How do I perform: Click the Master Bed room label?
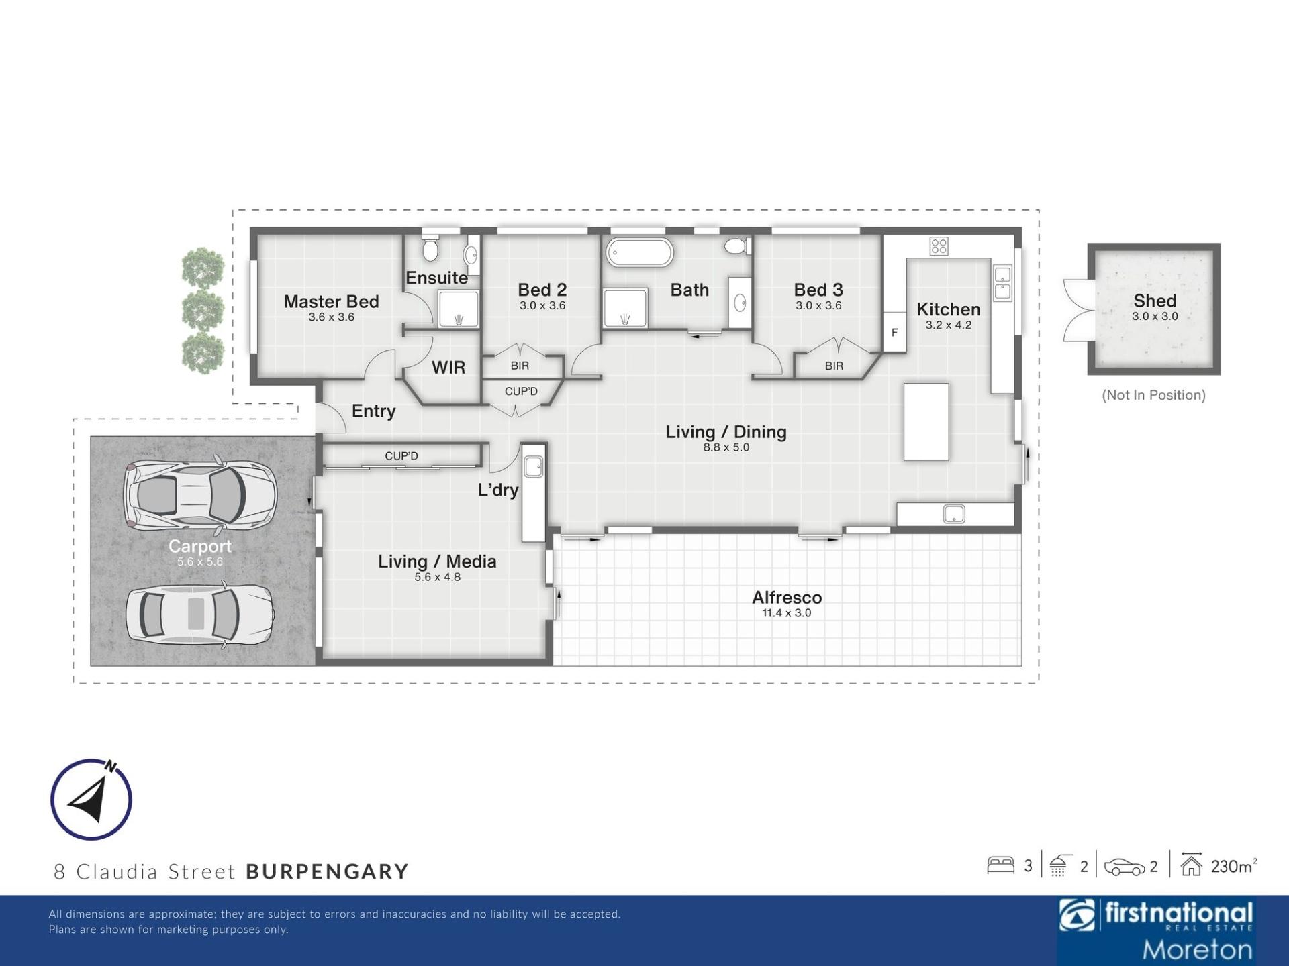(x=331, y=302)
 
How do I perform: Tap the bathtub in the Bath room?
(x=639, y=253)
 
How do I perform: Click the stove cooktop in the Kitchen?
(x=939, y=246)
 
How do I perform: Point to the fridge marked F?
(x=894, y=332)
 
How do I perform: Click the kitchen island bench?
(x=926, y=421)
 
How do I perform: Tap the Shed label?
(x=1155, y=301)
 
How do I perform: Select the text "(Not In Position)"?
(x=1153, y=395)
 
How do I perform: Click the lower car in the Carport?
(x=200, y=614)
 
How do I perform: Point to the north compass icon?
(x=91, y=799)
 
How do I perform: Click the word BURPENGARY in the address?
(x=327, y=871)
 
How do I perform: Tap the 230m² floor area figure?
(x=1233, y=866)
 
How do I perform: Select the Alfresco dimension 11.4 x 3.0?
(x=786, y=613)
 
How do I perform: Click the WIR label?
(x=448, y=368)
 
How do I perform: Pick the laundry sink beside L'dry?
(x=534, y=466)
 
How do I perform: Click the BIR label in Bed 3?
(x=834, y=366)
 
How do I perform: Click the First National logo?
(x=1156, y=930)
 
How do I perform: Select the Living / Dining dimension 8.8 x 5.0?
(x=726, y=447)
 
